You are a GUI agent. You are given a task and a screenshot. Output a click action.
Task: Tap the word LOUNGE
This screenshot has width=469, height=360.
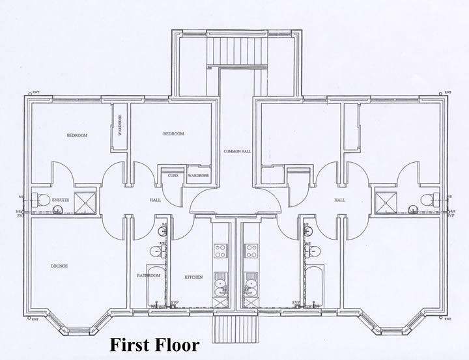pyautogui.click(x=59, y=266)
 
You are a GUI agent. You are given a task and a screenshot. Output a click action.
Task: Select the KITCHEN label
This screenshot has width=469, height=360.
pyautogui.click(x=193, y=277)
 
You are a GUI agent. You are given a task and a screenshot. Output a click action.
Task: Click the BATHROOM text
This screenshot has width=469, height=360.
pyautogui.click(x=149, y=275)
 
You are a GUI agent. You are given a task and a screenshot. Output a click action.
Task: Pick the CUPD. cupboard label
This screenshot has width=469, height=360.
pyautogui.click(x=173, y=176)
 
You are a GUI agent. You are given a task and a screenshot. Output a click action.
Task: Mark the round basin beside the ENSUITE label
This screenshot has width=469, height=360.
pyautogui.click(x=57, y=210)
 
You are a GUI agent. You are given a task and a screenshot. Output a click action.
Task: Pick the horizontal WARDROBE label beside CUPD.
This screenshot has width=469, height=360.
pyautogui.click(x=197, y=176)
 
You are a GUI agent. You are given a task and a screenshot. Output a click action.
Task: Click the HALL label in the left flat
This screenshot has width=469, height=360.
pyautogui.click(x=155, y=201)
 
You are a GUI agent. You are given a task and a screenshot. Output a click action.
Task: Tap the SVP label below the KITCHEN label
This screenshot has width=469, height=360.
pyautogui.click(x=175, y=302)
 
